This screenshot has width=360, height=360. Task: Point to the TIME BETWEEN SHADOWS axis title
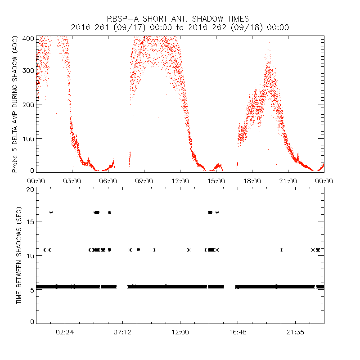click(x=19, y=256)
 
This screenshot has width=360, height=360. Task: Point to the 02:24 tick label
click(x=65, y=332)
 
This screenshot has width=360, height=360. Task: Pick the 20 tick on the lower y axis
click(x=30, y=189)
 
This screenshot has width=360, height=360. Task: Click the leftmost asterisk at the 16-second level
click(x=51, y=212)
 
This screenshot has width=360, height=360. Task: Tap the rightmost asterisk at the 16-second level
click(x=217, y=212)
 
